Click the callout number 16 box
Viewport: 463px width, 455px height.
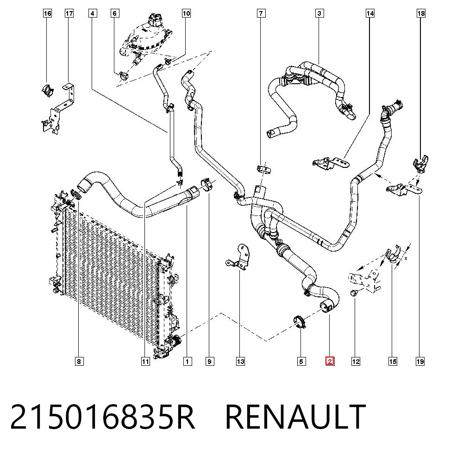pos(47,13)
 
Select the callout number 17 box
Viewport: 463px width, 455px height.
pos(69,13)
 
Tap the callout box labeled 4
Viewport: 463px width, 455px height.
pos(93,13)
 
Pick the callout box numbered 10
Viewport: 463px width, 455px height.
pos(186,13)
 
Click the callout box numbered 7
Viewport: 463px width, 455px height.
pos(261,13)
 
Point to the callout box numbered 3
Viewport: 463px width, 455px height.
pos(319,13)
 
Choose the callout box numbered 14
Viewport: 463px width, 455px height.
pos(370,13)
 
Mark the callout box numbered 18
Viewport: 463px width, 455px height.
pos(421,13)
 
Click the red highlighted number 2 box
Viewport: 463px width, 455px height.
pos(330,361)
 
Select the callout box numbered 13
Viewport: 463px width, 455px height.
pos(241,361)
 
